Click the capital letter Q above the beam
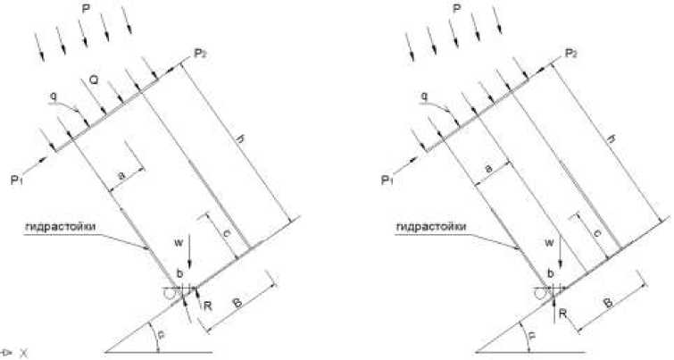point(92,81)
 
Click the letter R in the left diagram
point(206,306)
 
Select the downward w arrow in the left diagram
point(191,260)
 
